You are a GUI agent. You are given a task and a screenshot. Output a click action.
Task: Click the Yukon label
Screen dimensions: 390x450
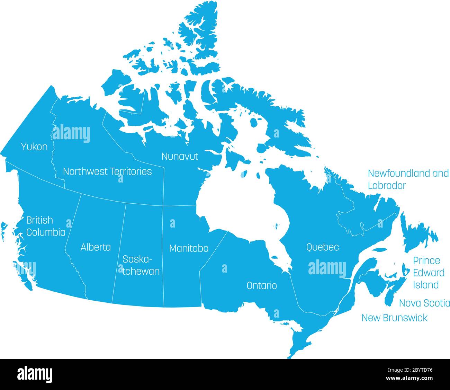(34, 147)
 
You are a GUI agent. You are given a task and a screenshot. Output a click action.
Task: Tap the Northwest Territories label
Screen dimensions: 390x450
(107, 171)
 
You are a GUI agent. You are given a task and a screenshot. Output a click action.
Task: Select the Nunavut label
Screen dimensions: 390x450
(180, 157)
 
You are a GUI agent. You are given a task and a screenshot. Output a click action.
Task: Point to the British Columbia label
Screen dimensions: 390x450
(46, 226)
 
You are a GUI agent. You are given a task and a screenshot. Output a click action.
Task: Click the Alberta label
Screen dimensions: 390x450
(96, 247)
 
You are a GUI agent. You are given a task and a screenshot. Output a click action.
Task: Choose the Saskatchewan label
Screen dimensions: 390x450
(141, 265)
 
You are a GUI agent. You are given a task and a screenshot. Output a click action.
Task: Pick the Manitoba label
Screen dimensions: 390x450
(189, 248)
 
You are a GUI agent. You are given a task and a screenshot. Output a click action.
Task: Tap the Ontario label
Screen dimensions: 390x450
(261, 286)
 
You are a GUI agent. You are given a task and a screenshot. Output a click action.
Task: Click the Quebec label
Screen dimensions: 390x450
(322, 247)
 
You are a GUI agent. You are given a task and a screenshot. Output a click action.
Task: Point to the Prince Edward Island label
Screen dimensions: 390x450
(429, 273)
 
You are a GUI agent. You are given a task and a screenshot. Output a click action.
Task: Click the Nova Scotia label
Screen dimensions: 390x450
(424, 303)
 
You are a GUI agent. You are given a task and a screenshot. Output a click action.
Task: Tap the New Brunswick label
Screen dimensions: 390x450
(394, 318)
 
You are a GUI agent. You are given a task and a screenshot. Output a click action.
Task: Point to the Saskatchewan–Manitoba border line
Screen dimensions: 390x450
(163, 256)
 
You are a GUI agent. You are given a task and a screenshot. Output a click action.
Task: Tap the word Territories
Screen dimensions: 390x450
(130, 171)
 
